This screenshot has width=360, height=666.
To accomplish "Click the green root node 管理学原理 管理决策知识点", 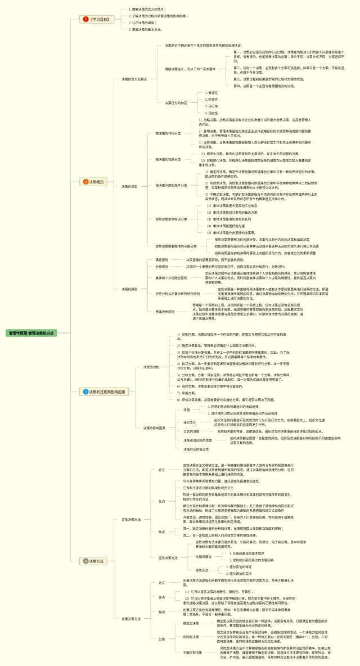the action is (x=31, y=333).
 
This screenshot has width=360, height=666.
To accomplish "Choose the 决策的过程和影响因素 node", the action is (x=105, y=391).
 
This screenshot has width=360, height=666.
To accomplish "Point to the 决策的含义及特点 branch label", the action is (x=135, y=79).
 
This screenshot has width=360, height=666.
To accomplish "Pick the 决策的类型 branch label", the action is (x=130, y=186).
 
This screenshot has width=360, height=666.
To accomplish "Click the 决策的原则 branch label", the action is (x=130, y=289).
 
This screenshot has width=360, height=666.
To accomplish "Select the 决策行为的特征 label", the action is (x=175, y=103).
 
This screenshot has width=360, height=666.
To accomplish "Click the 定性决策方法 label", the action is (x=131, y=519).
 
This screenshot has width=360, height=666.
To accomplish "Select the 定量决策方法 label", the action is (x=131, y=602).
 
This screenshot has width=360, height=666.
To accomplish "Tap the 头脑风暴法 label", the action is (x=203, y=556).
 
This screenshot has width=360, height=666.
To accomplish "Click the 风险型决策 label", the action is (x=192, y=636).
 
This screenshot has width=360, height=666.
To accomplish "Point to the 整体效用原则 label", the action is (x=166, y=310).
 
